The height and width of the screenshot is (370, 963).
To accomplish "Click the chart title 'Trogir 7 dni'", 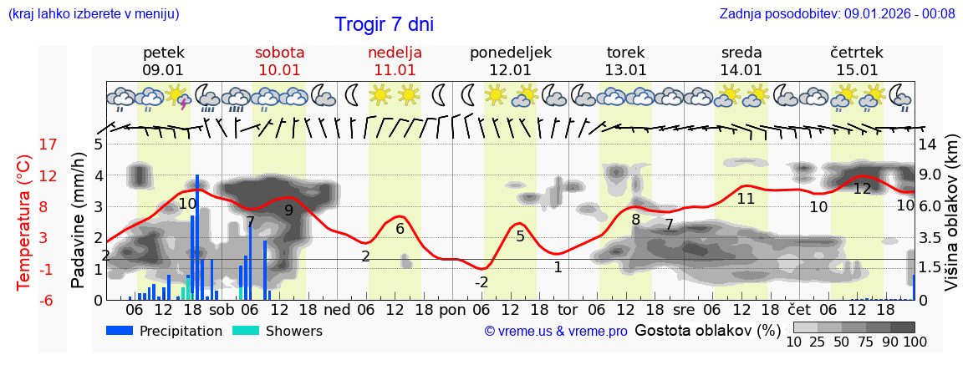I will pos(384,25).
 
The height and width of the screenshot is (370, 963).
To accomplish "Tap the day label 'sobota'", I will pos(279,53).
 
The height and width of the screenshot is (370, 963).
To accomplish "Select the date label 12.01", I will pos(510,70).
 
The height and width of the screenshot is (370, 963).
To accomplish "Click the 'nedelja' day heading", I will pos(395,53).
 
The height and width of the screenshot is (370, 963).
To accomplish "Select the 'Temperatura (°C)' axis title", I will pos(24,222).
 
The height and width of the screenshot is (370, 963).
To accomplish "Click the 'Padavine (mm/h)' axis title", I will pos(78,220).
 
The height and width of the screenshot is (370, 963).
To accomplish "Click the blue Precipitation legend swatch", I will pos(120,331).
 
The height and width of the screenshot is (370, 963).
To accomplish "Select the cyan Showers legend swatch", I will pos(246,331).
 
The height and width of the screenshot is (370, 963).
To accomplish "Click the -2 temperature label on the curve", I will pos(481,282).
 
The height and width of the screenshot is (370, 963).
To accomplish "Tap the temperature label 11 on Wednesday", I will pos(746,199).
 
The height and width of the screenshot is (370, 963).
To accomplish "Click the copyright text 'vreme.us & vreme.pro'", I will pos(556,332).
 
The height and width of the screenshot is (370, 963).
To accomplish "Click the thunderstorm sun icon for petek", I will pos(178,98).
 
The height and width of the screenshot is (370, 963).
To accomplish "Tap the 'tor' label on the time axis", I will pos(568,309).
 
